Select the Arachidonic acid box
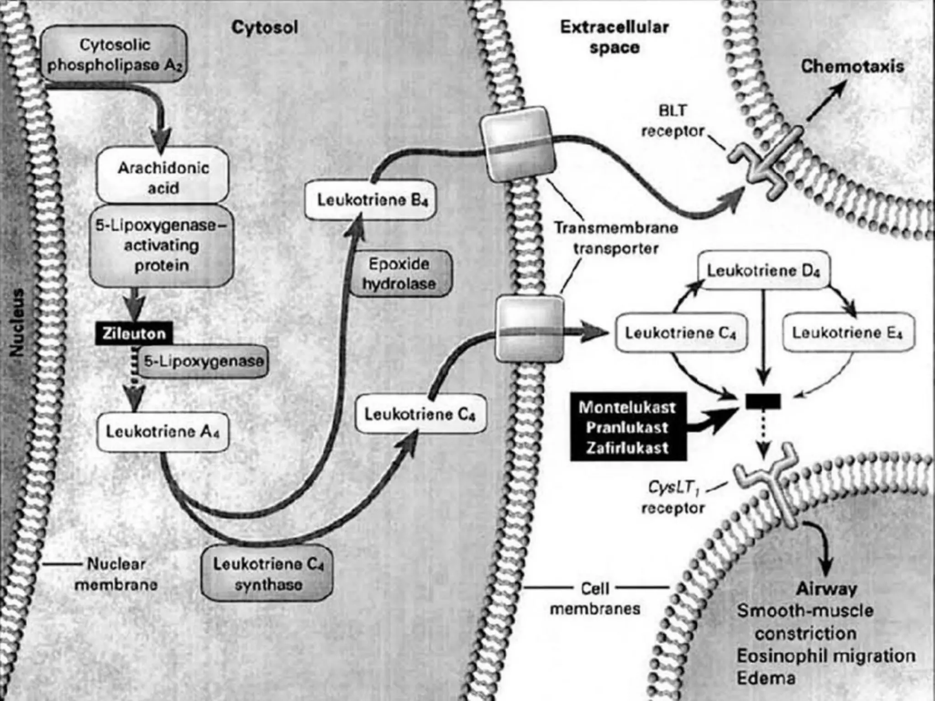[163, 177]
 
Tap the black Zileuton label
[133, 334]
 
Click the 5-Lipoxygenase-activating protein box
[161, 246]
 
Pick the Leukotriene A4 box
[163, 432]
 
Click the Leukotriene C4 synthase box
[268, 574]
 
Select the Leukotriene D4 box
[763, 271]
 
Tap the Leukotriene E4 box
[847, 332]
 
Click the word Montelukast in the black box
[627, 407]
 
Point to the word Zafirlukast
[627, 448]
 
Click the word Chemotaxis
[852, 67]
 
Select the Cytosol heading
[264, 27]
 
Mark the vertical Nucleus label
[17, 322]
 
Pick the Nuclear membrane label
[116, 574]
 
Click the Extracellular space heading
[614, 37]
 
